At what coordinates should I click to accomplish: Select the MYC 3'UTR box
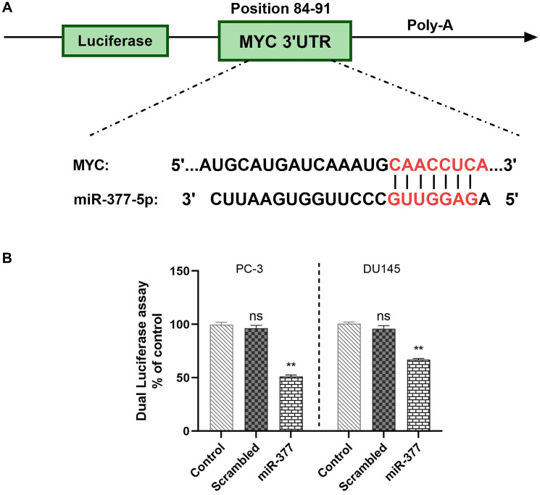point(285,41)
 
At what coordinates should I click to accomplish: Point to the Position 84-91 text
point(285,9)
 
